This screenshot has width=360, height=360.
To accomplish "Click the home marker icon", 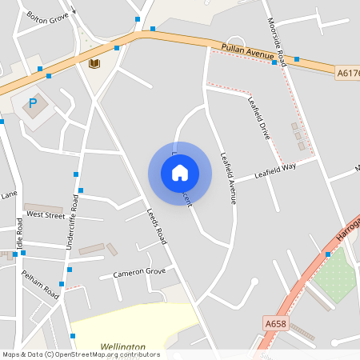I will point(180,173).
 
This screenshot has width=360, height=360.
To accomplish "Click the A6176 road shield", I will point(347,73).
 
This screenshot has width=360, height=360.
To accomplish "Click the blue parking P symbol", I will point(33,102).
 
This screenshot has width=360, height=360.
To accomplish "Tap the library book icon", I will point(94,63).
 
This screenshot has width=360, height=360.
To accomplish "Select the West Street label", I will point(46,214).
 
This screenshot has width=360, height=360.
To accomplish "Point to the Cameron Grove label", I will point(138,272).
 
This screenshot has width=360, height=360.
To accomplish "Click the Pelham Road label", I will point(40,285).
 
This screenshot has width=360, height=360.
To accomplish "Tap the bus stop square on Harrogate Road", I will point(328,254).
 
